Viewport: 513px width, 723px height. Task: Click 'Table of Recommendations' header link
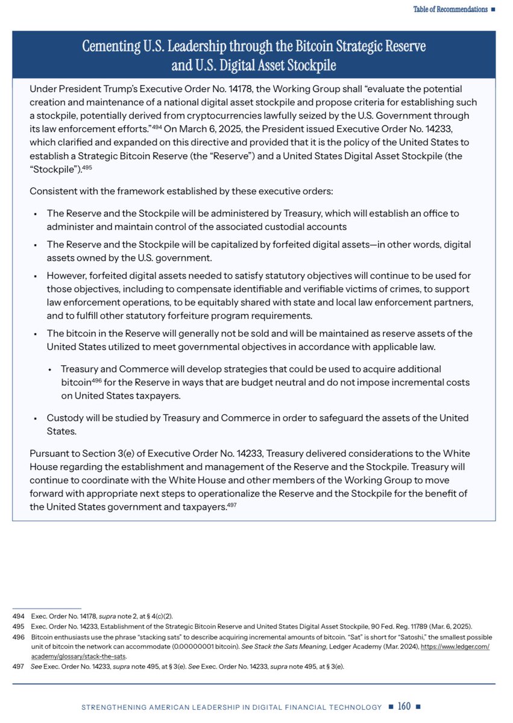coord(450,9)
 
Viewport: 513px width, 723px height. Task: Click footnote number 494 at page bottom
coord(18,617)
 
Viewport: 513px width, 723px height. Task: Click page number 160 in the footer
coord(404,706)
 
